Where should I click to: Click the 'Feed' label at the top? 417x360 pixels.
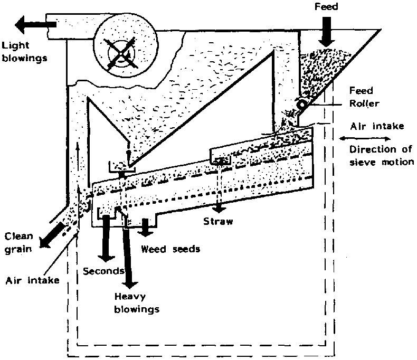[328, 7]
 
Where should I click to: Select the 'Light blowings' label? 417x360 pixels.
[23, 51]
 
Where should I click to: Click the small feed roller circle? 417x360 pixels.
[301, 105]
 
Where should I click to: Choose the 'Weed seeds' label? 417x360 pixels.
[170, 249]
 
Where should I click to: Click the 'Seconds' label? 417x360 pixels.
[103, 271]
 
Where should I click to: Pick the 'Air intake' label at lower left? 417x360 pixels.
[32, 280]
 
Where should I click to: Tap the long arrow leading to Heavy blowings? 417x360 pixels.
[129, 253]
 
